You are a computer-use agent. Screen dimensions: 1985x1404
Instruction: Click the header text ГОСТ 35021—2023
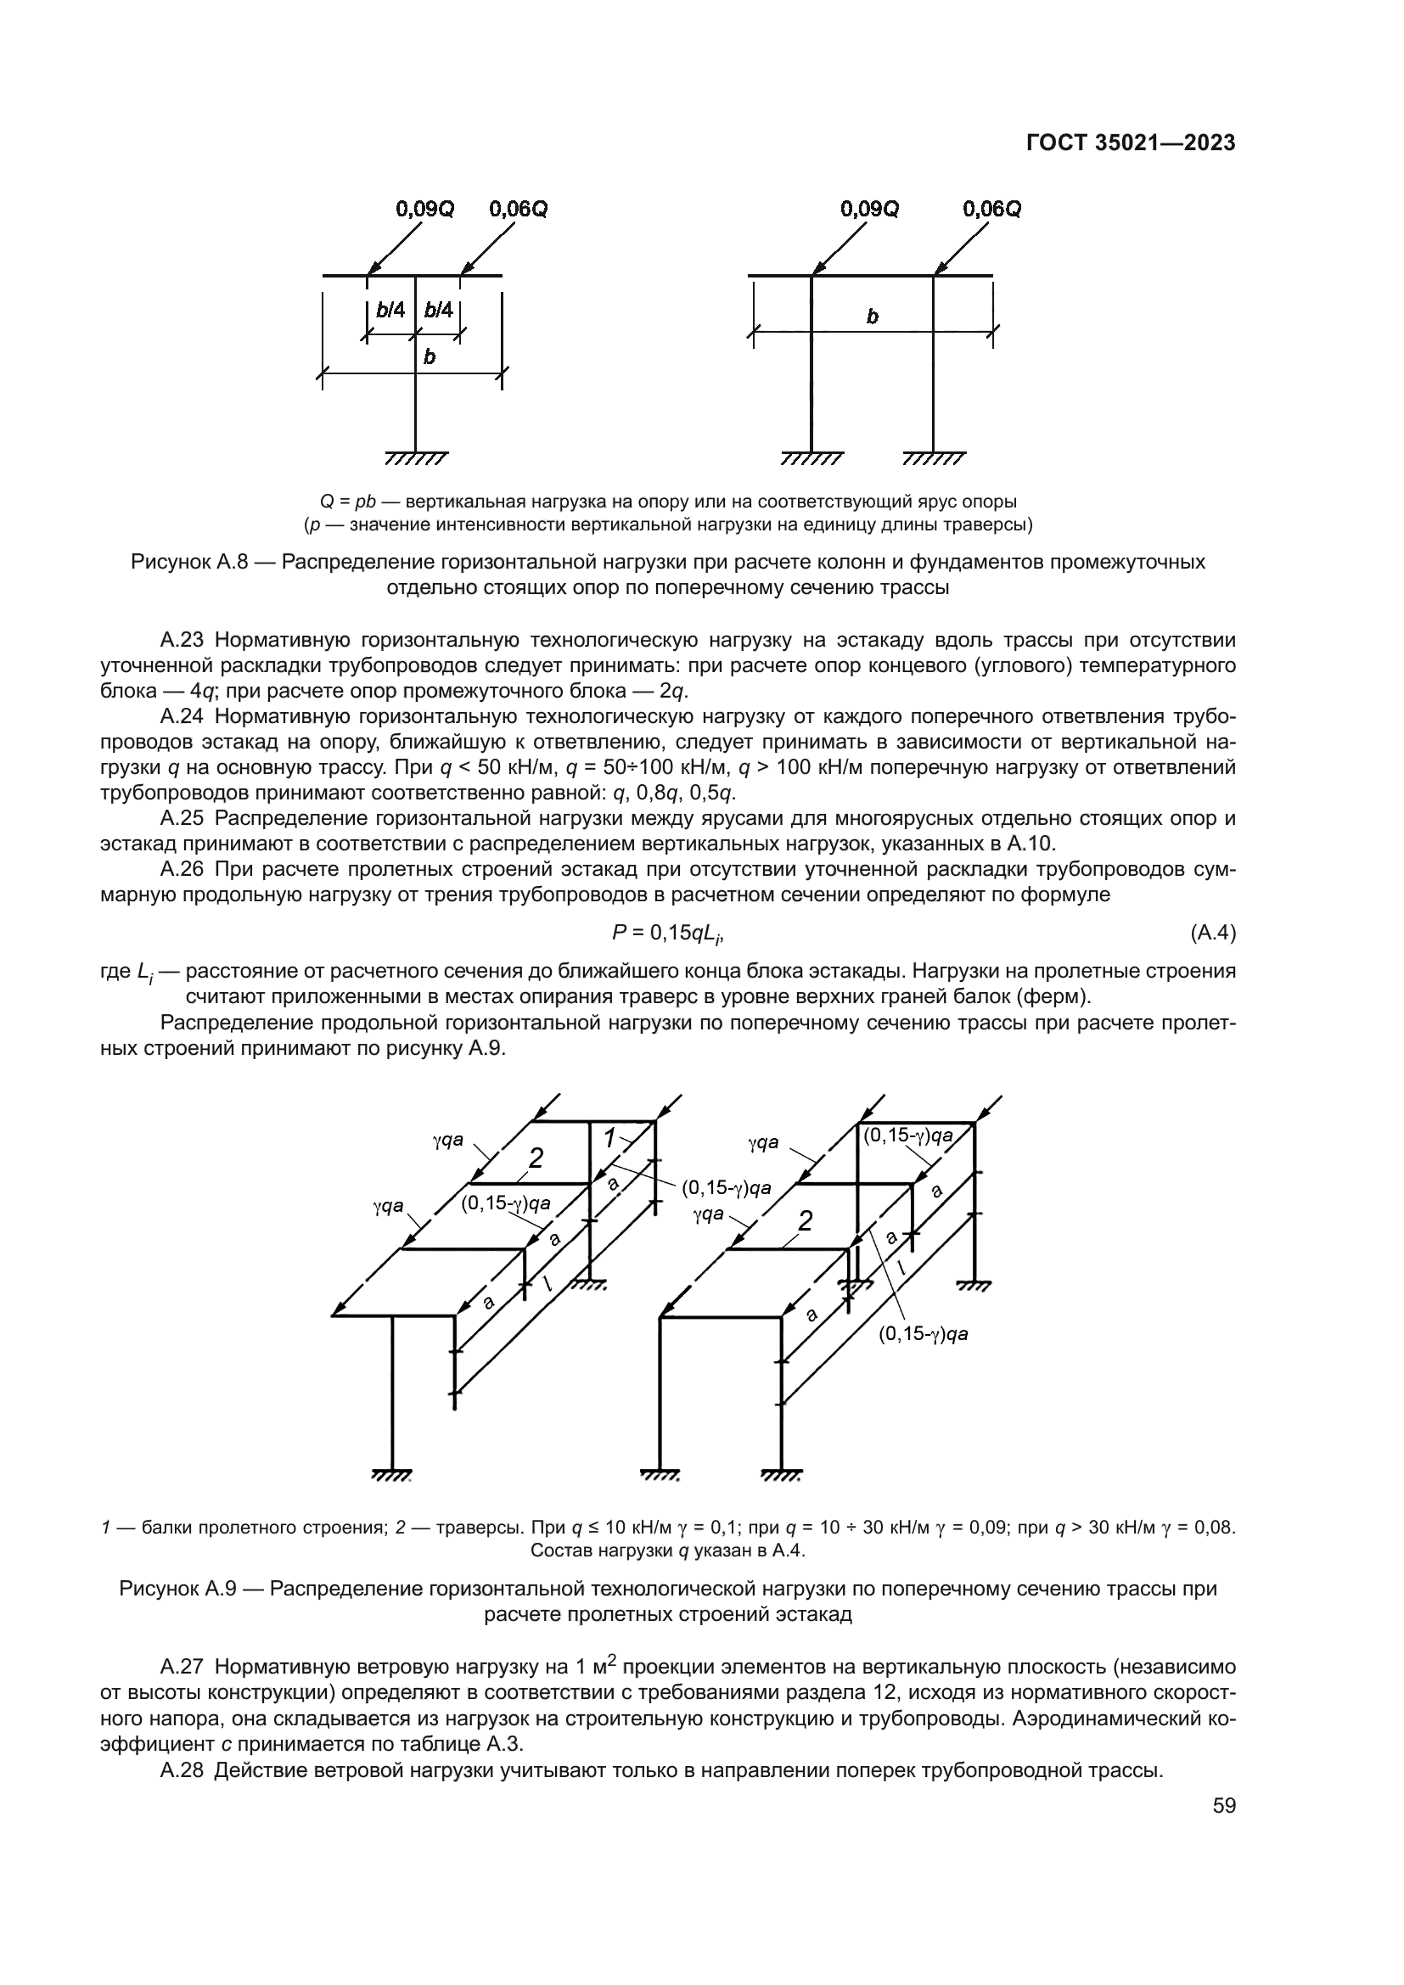coord(1130,143)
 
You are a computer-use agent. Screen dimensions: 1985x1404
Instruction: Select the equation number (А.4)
coord(1213,933)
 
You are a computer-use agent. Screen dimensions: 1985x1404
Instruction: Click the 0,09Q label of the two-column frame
coord(870,210)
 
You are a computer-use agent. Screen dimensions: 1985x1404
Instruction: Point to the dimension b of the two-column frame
coord(873,317)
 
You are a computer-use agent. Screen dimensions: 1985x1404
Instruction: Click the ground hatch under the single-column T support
coord(416,458)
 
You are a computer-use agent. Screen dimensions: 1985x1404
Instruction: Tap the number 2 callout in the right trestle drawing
coord(805,1221)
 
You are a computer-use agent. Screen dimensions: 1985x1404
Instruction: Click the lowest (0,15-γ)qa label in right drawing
coord(924,1335)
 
